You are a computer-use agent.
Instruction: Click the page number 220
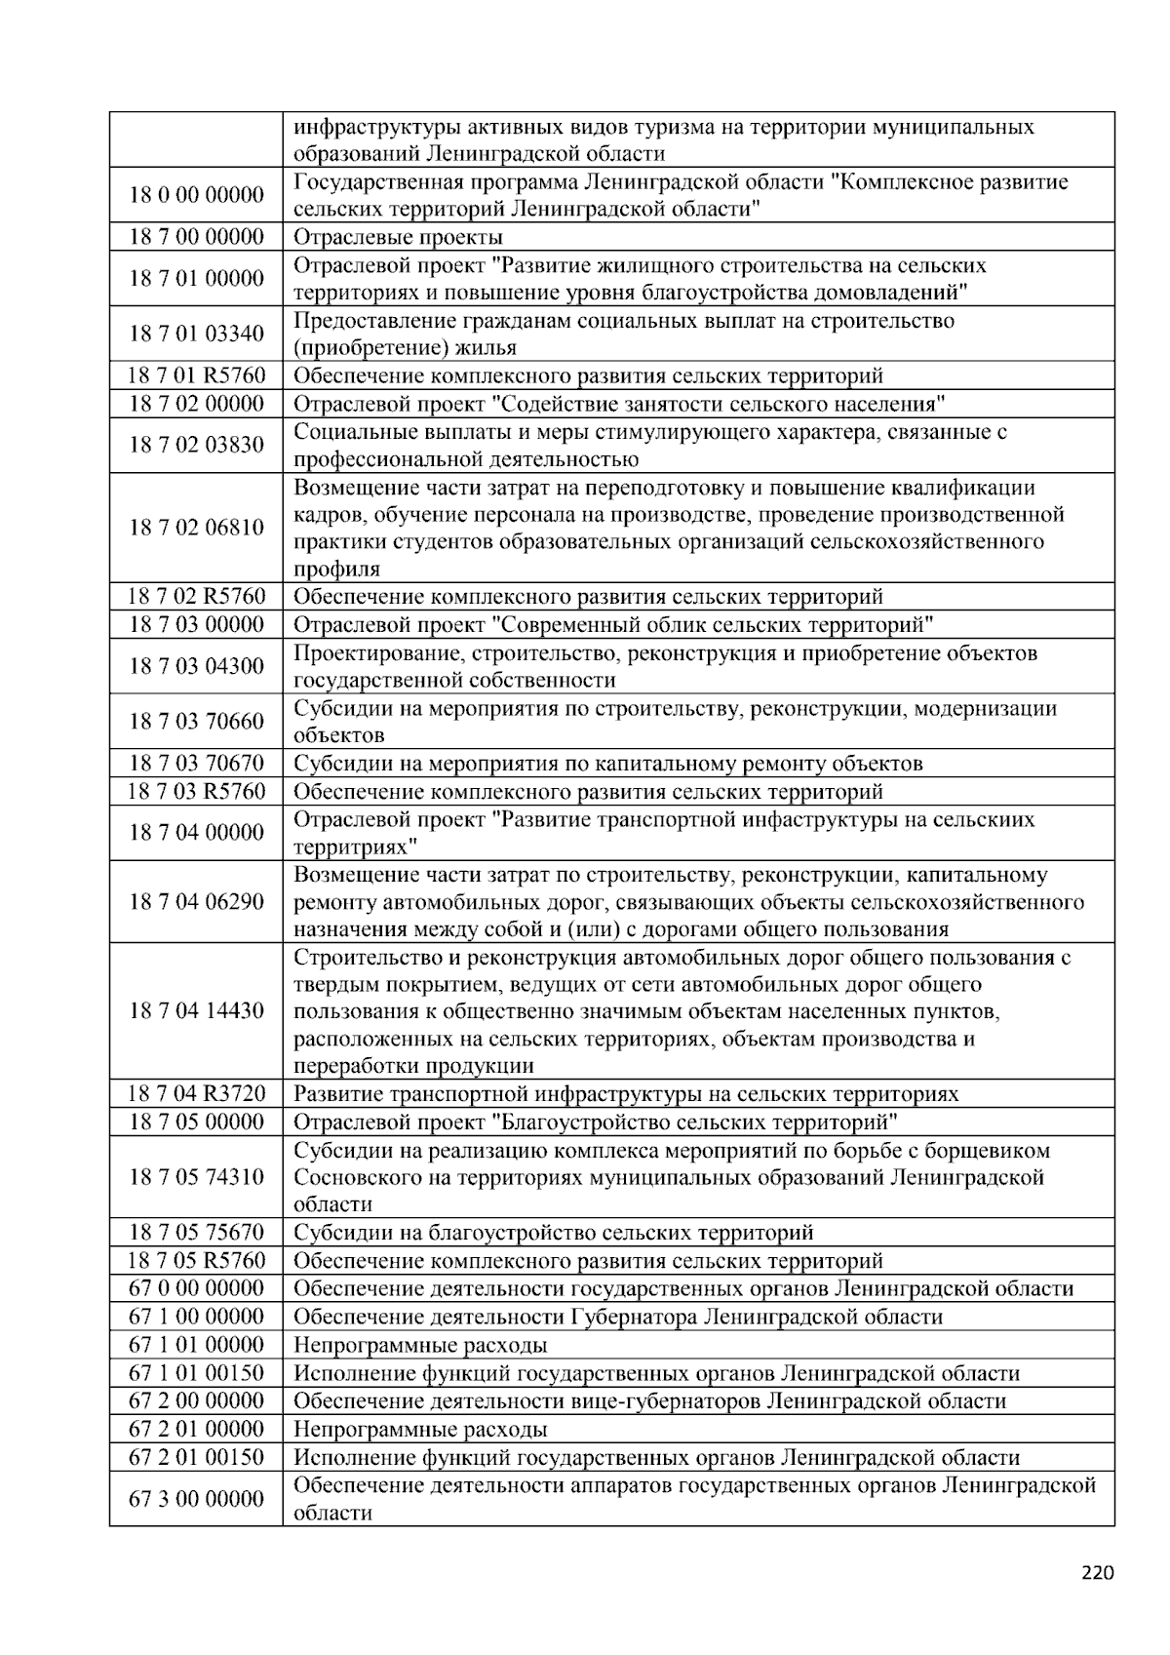click(1097, 1572)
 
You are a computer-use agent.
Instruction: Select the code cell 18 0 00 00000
click(196, 195)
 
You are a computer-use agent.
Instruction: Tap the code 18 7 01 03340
click(196, 334)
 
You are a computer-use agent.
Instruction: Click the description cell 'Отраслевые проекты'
click(398, 237)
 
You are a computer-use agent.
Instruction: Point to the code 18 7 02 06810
click(196, 528)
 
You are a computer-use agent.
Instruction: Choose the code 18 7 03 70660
click(196, 722)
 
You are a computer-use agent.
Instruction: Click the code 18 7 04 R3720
click(196, 1093)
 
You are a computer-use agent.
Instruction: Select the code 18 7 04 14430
click(196, 1010)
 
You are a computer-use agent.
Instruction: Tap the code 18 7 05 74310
click(196, 1176)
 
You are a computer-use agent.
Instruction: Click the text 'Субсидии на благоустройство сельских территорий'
click(553, 1233)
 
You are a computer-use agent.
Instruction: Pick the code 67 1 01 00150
click(196, 1373)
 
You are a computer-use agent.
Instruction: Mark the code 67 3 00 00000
click(196, 1499)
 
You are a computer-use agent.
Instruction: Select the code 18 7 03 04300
click(196, 666)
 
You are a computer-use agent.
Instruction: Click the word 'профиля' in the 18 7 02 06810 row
click(336, 569)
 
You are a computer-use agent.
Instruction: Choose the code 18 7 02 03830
click(196, 445)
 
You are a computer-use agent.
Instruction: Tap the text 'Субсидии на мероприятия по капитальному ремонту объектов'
click(607, 764)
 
